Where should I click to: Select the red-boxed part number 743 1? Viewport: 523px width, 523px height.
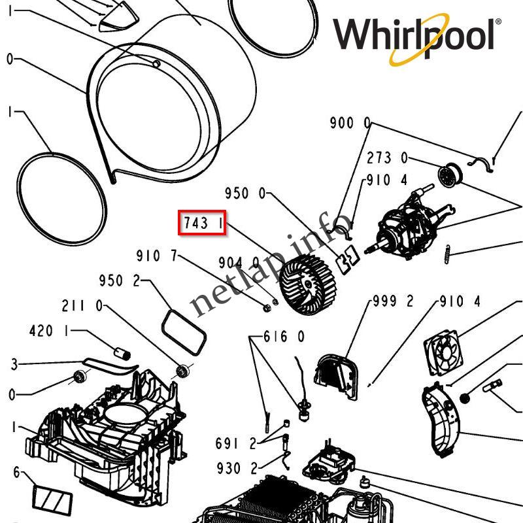click(x=203, y=224)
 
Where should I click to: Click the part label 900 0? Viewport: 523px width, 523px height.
click(x=350, y=123)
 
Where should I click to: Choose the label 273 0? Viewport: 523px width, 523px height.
click(x=387, y=158)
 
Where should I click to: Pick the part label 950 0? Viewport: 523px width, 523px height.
click(x=246, y=194)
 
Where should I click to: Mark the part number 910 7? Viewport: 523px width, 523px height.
click(x=157, y=256)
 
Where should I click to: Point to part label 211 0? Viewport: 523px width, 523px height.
click(x=82, y=305)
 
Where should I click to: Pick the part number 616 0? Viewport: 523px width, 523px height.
click(x=284, y=337)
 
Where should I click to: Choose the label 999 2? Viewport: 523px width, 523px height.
click(x=393, y=301)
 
